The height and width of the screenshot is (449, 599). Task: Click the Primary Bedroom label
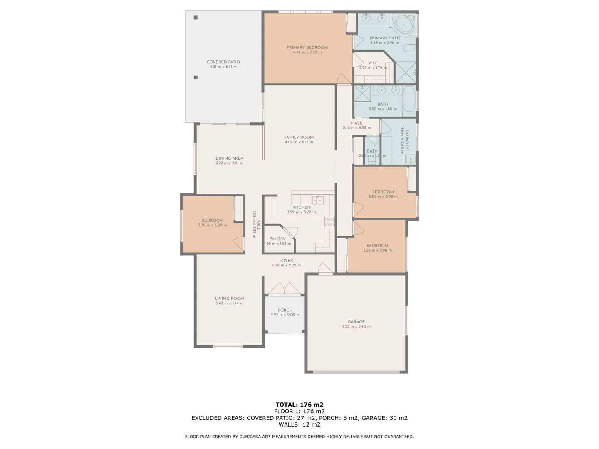coord(307,47)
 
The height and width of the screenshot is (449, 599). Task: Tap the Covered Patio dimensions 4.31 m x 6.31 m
coord(223,67)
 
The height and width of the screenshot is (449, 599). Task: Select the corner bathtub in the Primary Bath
coord(404,25)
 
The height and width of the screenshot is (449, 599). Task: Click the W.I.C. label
coord(373,63)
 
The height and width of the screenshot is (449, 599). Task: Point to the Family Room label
coord(299,137)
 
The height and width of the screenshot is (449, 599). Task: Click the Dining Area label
coord(229,158)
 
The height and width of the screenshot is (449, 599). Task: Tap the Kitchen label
coord(301,207)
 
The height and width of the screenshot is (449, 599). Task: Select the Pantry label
coord(277,239)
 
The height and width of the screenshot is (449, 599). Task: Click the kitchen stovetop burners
coord(329,222)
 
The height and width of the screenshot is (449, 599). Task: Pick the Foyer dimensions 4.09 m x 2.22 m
coord(286,265)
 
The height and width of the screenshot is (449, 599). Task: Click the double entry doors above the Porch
coord(285,289)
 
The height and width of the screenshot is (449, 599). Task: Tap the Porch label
coord(285,310)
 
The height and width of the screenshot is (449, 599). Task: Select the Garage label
coord(356,322)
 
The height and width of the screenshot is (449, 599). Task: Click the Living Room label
coord(229,299)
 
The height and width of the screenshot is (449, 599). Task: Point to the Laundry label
coord(407,140)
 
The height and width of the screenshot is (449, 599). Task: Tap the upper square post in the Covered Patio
coord(196,17)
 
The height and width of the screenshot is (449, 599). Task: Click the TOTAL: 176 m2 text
coord(299,405)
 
